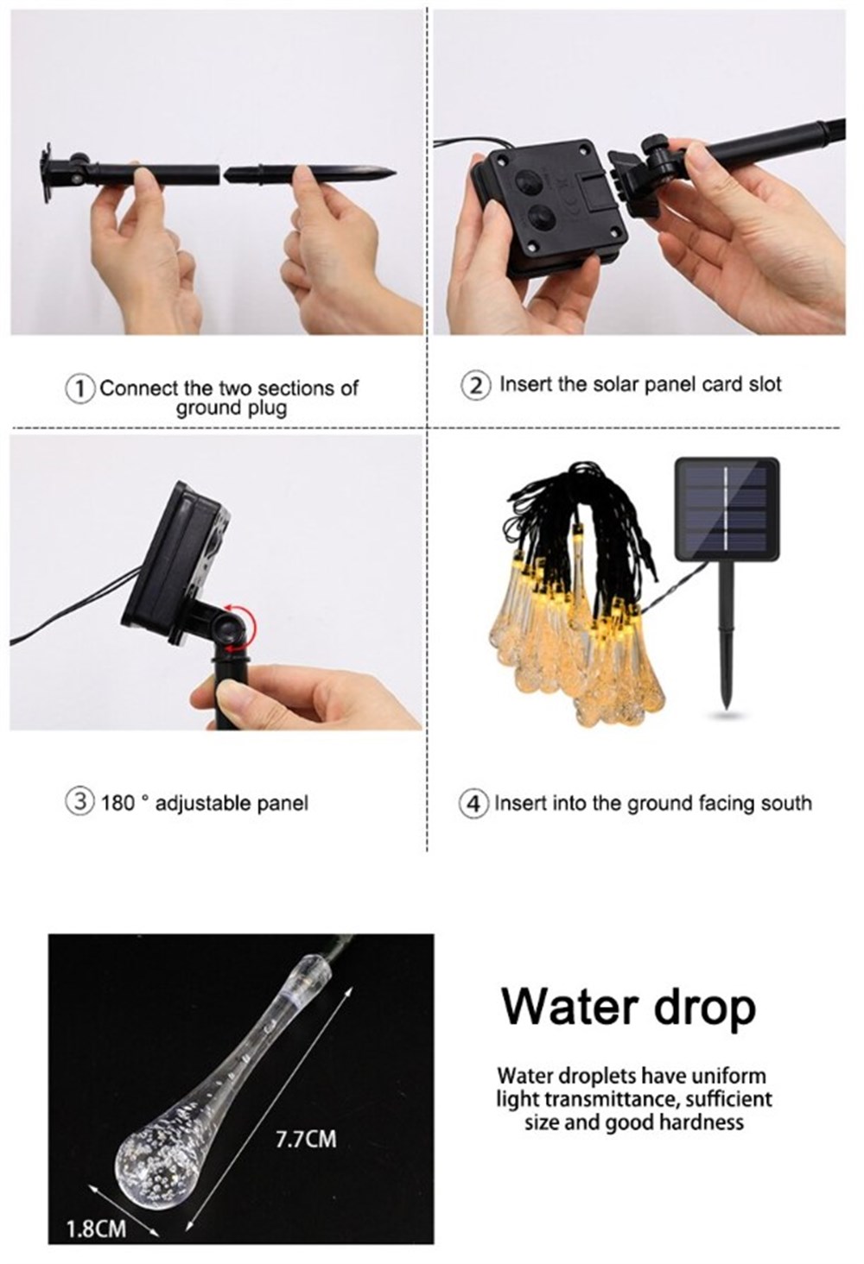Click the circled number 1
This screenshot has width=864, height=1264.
pyautogui.click(x=80, y=389)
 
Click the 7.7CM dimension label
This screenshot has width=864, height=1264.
pyautogui.click(x=306, y=1140)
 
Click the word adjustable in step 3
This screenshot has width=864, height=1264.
pyautogui.click(x=203, y=804)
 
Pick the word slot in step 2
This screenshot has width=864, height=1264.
pyautogui.click(x=765, y=384)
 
